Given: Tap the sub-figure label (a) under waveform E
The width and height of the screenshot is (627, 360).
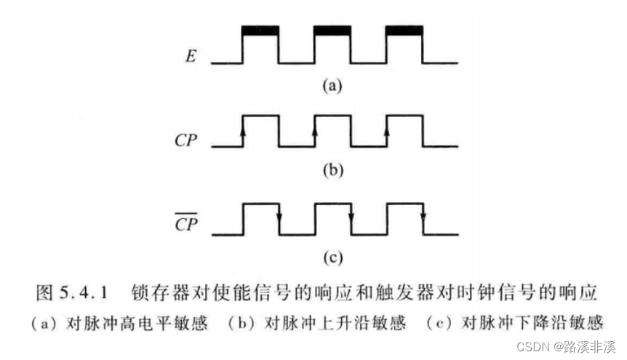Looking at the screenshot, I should point(331,86).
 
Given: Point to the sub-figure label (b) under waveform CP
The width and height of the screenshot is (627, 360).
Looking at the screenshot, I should point(331,172).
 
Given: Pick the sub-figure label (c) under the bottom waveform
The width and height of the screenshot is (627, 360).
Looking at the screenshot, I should point(331,256).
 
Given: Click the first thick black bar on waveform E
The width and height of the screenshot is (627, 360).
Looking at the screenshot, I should point(260,31).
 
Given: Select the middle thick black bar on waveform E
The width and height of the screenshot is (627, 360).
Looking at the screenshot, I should point(332,31).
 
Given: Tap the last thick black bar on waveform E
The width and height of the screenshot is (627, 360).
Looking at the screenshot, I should point(404,31).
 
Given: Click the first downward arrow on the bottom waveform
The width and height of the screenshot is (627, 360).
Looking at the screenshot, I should point(279,215).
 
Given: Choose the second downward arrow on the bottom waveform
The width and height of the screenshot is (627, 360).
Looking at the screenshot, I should point(351,215).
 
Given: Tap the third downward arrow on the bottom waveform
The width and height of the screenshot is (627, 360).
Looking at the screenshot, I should point(423,215).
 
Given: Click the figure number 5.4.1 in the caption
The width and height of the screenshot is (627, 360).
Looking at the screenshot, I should point(84,293).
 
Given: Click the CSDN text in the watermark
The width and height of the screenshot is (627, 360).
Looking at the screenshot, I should point(532,347).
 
